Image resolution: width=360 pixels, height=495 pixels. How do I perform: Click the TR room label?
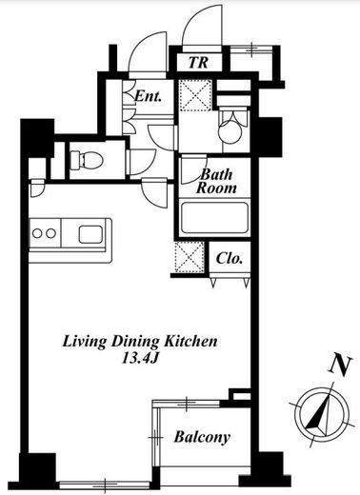pos(198,63)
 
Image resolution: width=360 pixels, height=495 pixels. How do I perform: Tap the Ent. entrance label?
pos(148,95)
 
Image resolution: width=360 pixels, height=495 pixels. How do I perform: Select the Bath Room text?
pos(216,181)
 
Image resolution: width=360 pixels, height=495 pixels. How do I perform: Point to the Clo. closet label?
pos(230,258)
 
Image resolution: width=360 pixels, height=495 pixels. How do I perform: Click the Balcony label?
pos(202,437)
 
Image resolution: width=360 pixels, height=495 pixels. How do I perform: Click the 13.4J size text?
pos(140,359)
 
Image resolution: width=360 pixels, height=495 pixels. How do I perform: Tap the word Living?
pos(85,343)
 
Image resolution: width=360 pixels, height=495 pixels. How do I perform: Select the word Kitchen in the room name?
pos(190,341)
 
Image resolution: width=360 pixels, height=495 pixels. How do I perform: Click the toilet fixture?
pos(87,159)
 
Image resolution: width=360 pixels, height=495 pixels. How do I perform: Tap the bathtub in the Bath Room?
pos(214,218)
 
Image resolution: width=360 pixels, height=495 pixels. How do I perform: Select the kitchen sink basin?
pos(90,234)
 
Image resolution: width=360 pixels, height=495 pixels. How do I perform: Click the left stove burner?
pos(37,233)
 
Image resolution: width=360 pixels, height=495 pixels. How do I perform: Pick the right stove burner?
pos(50,233)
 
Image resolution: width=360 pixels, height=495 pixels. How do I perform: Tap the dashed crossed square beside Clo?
pos(190,257)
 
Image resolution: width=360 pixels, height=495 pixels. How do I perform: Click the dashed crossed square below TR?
pos(194,95)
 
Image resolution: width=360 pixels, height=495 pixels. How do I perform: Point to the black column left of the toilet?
pos(37,137)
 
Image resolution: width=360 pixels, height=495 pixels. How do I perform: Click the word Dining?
pos(135,343)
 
